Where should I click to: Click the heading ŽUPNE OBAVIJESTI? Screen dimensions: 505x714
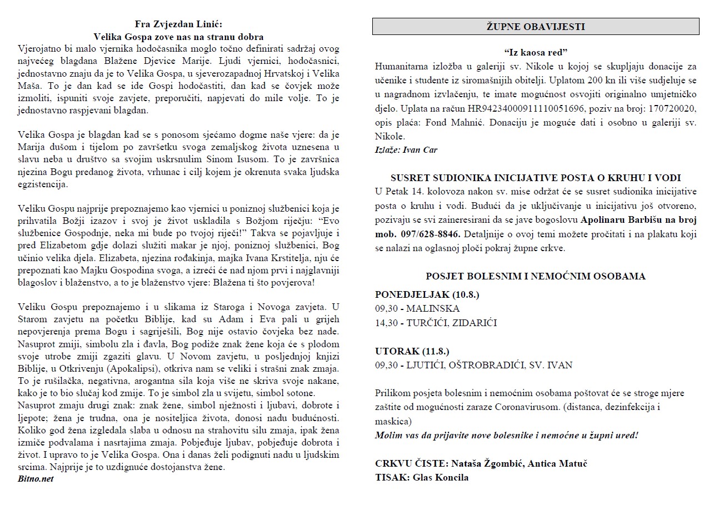535,27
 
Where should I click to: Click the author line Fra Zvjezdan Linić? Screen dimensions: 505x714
178,24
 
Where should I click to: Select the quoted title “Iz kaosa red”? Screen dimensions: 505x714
536,53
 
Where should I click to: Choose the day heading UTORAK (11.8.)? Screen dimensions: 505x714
412,351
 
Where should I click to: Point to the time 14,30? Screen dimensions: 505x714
386,323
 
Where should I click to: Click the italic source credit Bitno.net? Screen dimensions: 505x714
36,478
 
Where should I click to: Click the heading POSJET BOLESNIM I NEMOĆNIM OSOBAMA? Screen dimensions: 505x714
536,276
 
